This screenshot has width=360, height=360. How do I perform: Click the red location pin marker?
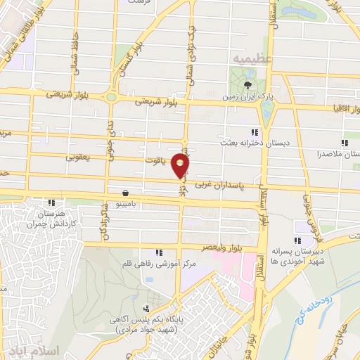[x=181, y=166]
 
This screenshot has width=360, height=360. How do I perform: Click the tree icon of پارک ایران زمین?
[x=247, y=85]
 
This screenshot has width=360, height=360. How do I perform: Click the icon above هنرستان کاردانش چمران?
[x=51, y=202]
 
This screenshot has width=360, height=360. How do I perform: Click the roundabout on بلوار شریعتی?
[x=111, y=98]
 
